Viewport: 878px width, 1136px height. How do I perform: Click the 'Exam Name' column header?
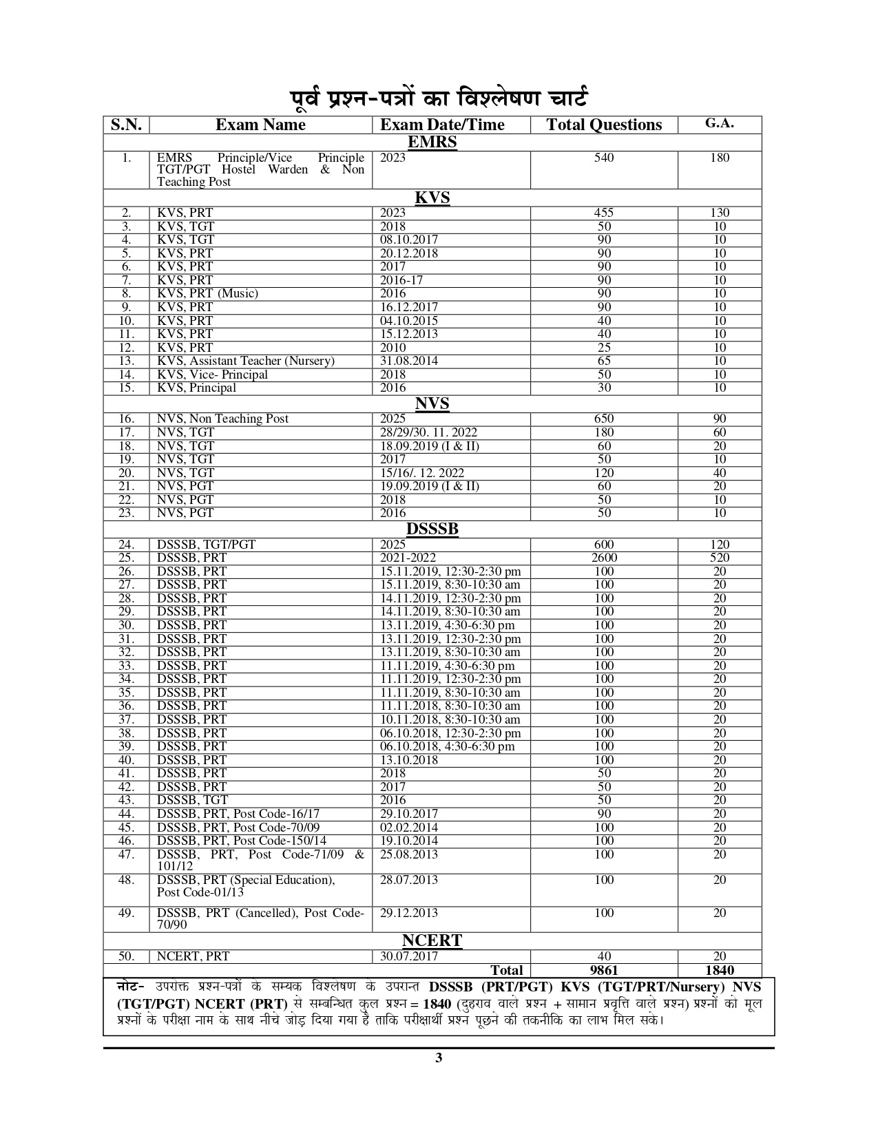[260, 125]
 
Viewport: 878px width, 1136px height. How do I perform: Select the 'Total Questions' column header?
[604, 125]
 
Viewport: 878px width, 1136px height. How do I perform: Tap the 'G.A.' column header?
[720, 123]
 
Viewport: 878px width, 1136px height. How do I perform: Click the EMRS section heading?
[432, 143]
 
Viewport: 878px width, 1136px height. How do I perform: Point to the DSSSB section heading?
[432, 529]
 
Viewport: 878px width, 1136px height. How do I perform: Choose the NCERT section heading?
[432, 940]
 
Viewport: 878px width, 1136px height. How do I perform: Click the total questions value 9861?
[604, 970]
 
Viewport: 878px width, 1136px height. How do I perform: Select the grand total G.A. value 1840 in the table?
[720, 970]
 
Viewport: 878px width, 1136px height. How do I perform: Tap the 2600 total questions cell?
[604, 558]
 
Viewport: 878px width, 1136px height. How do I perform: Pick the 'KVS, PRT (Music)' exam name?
[207, 293]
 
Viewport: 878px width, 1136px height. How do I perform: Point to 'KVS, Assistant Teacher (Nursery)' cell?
[246, 361]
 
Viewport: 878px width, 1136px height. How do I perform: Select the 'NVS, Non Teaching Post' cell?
[222, 419]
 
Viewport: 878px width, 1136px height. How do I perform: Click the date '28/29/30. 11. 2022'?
[428, 432]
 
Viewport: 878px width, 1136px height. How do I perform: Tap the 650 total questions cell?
[604, 419]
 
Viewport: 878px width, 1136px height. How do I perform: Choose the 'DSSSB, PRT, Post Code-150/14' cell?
[242, 841]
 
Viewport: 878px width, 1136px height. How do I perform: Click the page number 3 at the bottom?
[439, 1058]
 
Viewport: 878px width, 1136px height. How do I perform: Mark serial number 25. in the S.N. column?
[126, 558]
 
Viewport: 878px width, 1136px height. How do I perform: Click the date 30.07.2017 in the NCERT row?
[409, 956]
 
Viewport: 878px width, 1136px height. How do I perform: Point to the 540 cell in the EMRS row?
[604, 158]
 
